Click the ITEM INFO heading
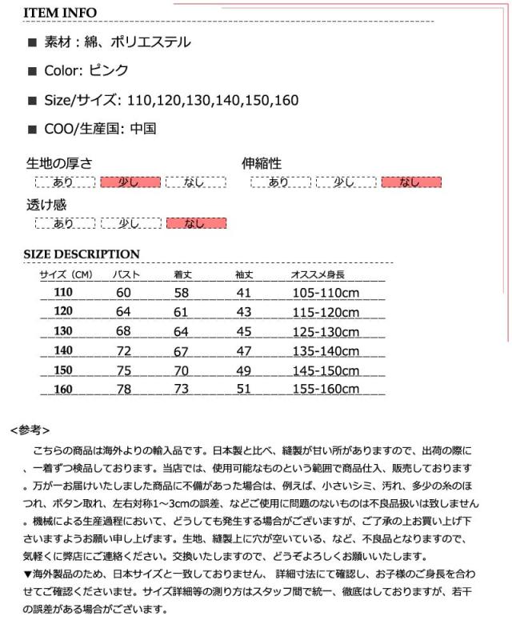point(60,13)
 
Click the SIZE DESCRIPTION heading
point(82,254)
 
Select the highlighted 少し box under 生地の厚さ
point(130,182)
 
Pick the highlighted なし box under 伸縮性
point(411,182)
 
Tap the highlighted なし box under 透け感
point(196,223)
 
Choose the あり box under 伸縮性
point(280,182)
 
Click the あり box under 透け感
point(64,223)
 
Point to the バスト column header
point(126,274)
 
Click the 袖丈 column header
point(244,274)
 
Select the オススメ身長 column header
point(318,274)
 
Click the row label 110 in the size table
point(63,292)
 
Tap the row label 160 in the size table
point(63,390)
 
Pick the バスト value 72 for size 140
point(123,350)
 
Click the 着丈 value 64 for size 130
point(181,331)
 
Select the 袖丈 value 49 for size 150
point(244,370)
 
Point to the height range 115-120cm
point(326,312)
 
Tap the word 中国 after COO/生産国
point(143,128)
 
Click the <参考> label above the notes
point(30,430)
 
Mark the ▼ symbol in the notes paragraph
point(27,574)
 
